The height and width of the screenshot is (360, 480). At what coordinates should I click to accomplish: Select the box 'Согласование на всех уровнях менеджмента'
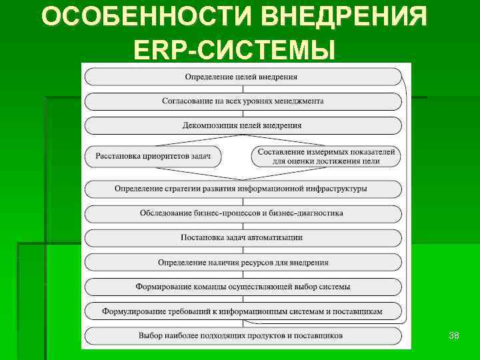tap(243, 101)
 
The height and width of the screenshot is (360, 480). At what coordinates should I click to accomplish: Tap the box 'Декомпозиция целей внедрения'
tap(243, 125)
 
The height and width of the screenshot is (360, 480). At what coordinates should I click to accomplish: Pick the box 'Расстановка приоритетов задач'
tap(153, 157)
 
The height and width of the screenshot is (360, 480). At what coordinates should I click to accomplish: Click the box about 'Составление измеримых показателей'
tap(326, 157)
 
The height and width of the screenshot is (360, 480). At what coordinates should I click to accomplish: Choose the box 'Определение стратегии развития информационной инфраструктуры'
tap(243, 189)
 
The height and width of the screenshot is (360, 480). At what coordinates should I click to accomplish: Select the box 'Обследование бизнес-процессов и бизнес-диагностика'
tap(243, 213)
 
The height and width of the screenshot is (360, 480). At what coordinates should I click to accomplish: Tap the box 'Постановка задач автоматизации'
tap(243, 237)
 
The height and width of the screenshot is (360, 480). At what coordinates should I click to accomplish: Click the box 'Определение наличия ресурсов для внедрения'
tap(243, 263)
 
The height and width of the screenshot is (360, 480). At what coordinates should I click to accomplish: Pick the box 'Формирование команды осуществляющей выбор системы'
tap(243, 287)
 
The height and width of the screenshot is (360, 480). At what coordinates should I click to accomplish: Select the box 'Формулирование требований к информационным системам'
tap(243, 311)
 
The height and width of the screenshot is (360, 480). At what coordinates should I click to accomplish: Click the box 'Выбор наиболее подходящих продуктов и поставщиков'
tap(243, 335)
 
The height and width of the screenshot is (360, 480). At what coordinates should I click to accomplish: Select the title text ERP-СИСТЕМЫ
tap(234, 49)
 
